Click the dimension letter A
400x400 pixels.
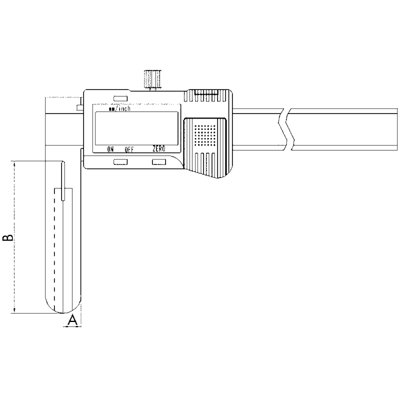(x=72, y=320)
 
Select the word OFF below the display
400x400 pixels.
(x=129, y=149)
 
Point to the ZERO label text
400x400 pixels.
(x=158, y=149)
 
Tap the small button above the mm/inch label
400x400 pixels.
(x=120, y=98)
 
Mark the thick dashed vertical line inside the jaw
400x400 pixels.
(x=54, y=250)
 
